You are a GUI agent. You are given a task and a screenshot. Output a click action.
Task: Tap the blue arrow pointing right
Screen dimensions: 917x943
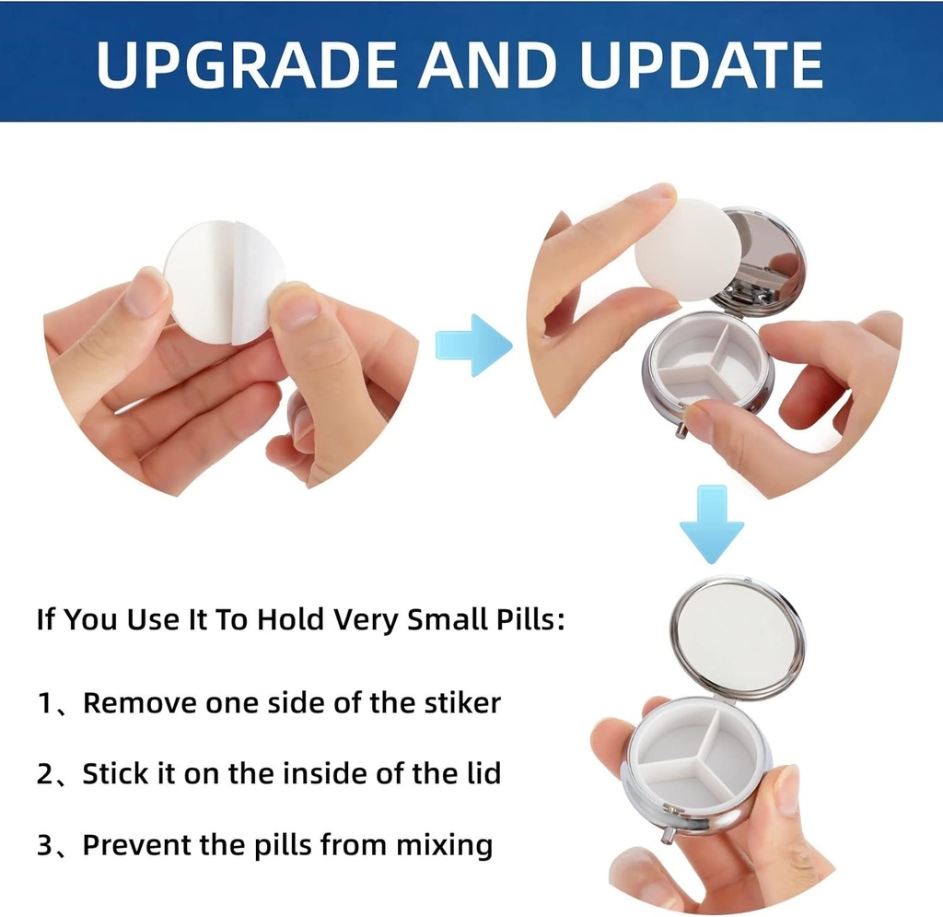[473, 344]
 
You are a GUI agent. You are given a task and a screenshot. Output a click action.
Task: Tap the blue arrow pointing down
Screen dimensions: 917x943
[711, 525]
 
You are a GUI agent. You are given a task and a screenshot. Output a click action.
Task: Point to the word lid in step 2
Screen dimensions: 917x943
[482, 772]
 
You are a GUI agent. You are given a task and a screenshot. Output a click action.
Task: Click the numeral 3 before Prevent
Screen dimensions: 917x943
[45, 843]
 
